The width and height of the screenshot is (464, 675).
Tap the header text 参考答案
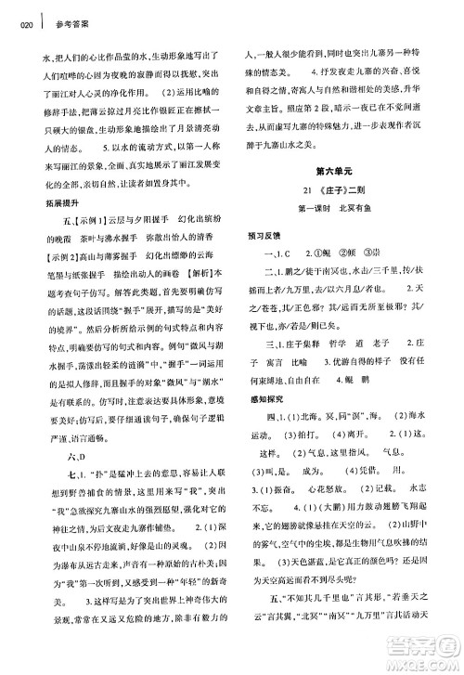click(x=71, y=26)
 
